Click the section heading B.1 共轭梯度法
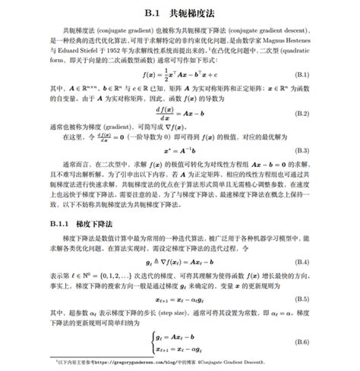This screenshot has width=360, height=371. (x=179, y=13)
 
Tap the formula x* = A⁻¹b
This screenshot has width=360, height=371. (x=179, y=151)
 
